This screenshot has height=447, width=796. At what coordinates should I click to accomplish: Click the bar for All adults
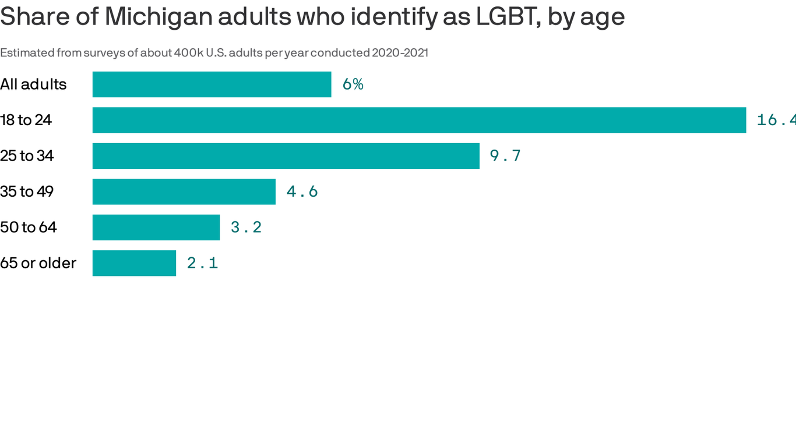[212, 84]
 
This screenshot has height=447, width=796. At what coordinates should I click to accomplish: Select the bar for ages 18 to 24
[419, 120]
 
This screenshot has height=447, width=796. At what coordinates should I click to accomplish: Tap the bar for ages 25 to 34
[286, 156]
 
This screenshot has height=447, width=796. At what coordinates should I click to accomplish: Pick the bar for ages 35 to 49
[184, 191]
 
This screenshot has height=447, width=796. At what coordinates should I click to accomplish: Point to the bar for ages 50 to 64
[156, 227]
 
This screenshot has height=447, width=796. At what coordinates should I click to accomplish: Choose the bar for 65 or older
[134, 263]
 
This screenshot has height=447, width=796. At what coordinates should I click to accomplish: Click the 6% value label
[353, 84]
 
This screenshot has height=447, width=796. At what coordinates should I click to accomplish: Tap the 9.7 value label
[505, 156]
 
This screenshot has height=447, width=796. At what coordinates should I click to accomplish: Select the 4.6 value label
[302, 191]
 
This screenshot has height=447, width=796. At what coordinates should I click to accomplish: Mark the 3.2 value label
[246, 227]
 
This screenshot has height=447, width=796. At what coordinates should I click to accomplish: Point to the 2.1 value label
[202, 263]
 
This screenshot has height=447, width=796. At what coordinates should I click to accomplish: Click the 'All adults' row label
[33, 84]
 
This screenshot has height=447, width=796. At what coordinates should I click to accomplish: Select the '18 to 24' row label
[26, 120]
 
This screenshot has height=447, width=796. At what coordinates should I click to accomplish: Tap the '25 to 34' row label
[27, 156]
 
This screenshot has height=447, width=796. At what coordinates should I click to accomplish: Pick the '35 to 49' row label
[27, 191]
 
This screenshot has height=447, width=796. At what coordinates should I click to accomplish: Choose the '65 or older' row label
[38, 263]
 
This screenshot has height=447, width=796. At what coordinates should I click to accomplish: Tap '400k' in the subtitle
[188, 53]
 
